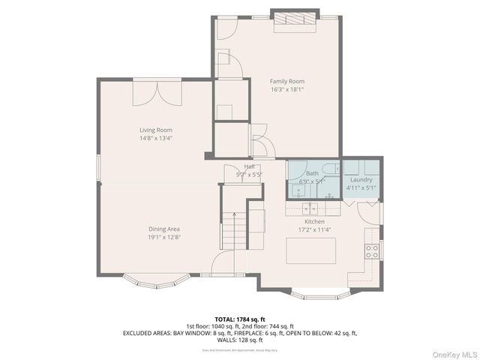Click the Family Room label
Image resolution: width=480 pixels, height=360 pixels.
(287, 81)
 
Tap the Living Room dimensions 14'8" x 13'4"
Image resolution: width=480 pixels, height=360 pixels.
(155, 138)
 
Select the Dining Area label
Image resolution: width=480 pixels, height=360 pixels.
(163, 229)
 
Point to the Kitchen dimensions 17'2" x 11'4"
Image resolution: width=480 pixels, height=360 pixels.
(313, 230)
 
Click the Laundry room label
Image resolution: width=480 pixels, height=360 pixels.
(361, 180)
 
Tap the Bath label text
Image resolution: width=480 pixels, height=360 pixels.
(311, 172)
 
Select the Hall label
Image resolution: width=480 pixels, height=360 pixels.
(249, 166)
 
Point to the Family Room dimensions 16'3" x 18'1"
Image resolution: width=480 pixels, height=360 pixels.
(287, 89)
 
